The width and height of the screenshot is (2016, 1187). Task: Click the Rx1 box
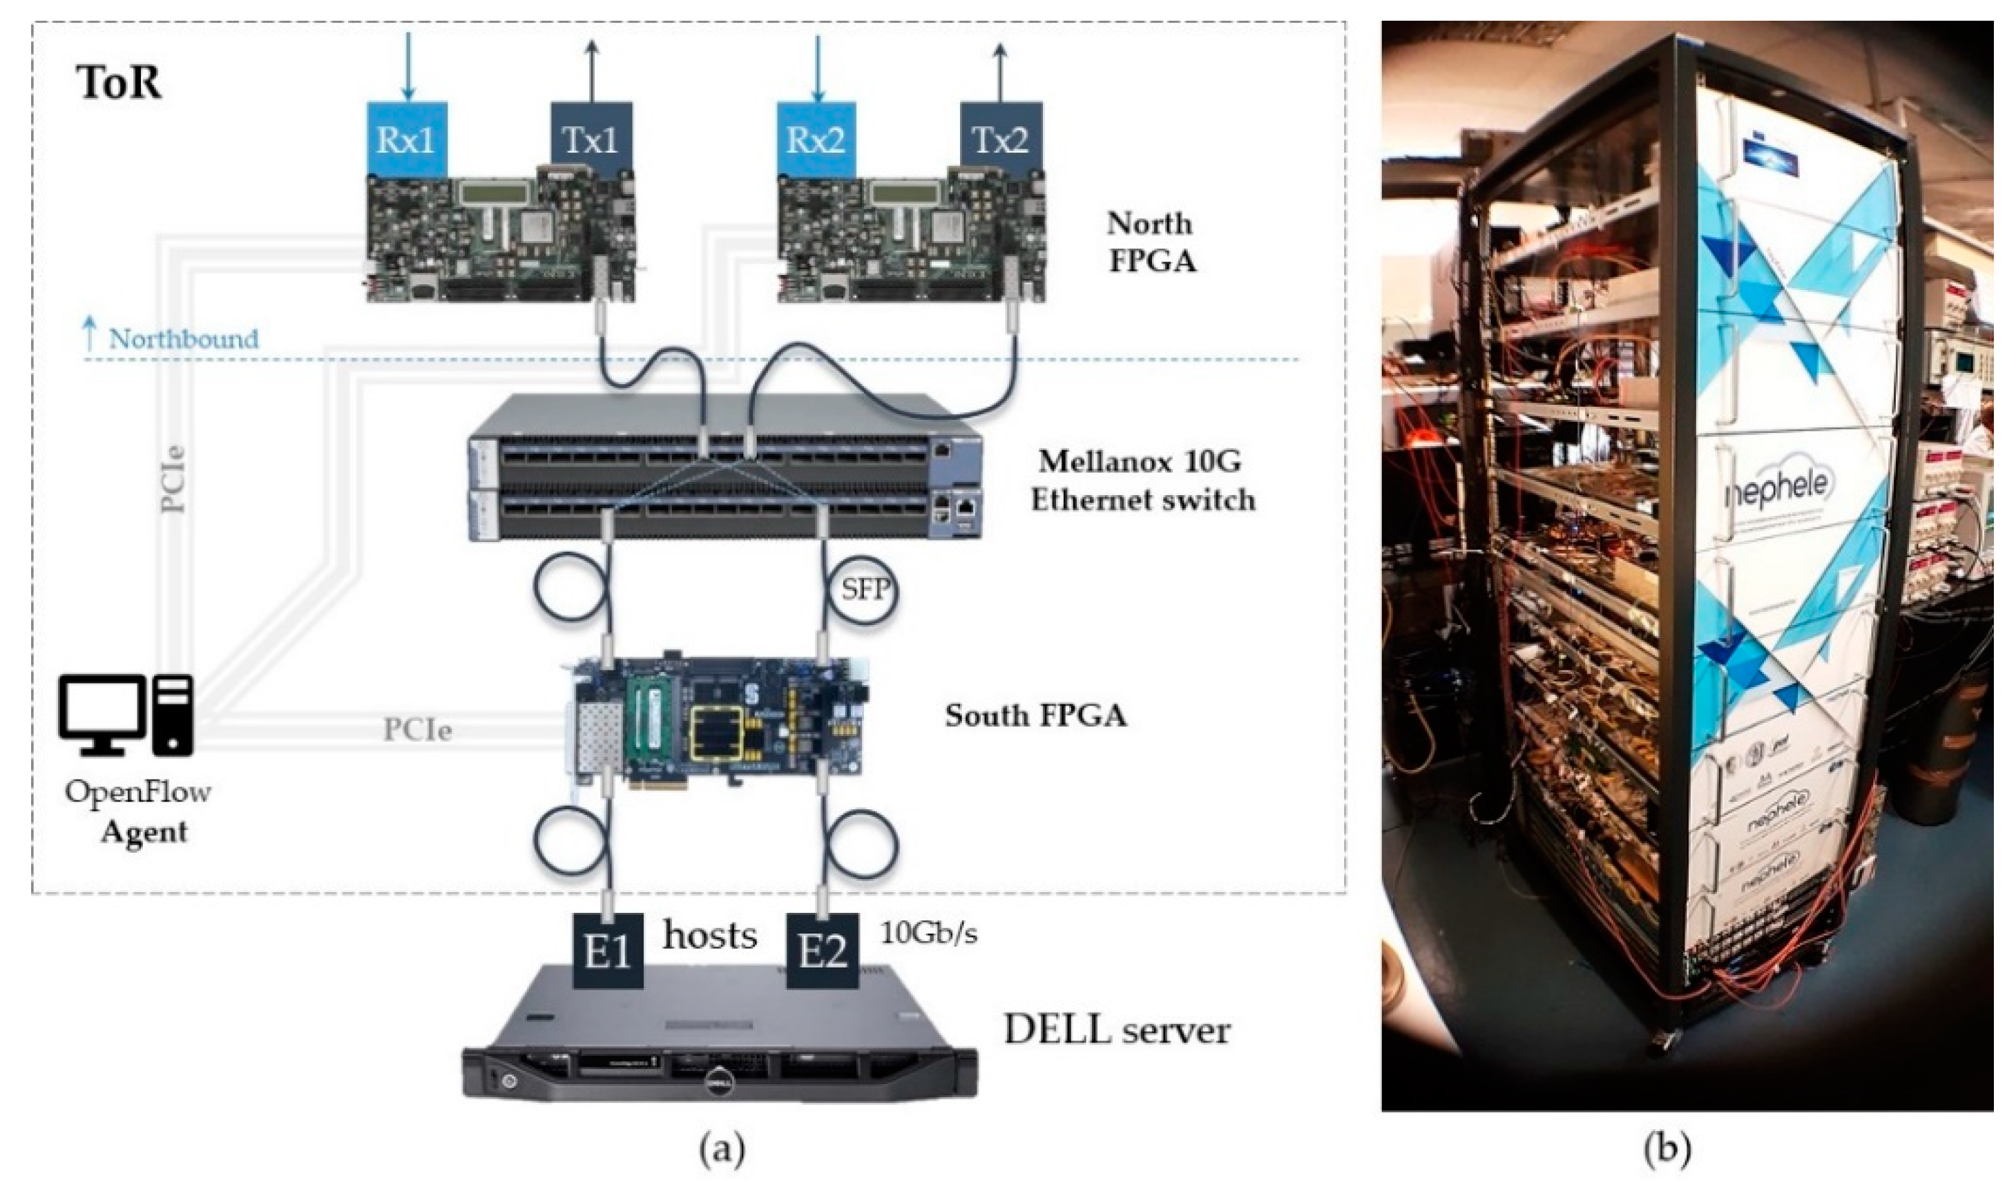pyautogui.click(x=406, y=140)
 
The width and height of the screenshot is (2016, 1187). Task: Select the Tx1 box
pyautogui.click(x=592, y=140)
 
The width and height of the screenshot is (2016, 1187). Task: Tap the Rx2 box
pyautogui.click(x=816, y=140)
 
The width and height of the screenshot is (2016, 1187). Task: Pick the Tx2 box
pyautogui.click(x=1000, y=140)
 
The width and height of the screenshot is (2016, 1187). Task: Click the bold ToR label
pyautogui.click(x=118, y=83)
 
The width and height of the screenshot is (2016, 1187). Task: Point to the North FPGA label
pyautogui.click(x=1151, y=242)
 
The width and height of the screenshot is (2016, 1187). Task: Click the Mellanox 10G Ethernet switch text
pyautogui.click(x=1142, y=481)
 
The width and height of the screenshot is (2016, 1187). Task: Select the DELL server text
pyautogui.click(x=1117, y=1031)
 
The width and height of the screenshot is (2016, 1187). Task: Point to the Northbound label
pyautogui.click(x=183, y=339)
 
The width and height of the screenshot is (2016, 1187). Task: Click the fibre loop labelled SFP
pyautogui.click(x=865, y=590)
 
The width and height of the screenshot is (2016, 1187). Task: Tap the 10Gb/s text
pyautogui.click(x=929, y=934)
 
